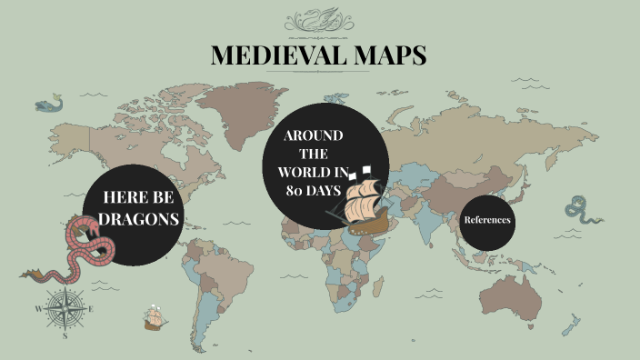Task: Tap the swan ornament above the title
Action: coord(319,19)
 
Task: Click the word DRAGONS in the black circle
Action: coord(138,219)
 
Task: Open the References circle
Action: coord(487,220)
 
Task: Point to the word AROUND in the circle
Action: coord(313,135)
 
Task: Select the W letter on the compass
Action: coord(39,309)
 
